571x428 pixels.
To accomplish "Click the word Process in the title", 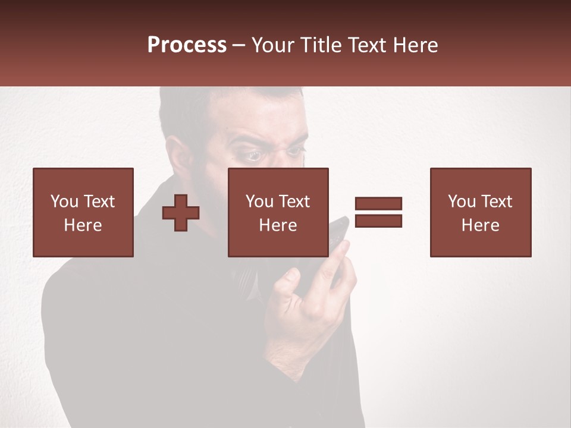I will click(x=187, y=45).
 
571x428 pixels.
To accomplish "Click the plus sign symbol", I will click(x=181, y=213).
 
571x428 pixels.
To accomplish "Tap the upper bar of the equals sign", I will click(x=378, y=204).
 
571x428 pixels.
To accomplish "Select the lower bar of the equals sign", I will click(x=378, y=221).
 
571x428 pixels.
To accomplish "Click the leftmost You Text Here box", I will click(x=83, y=212).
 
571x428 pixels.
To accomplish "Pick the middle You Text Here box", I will click(x=278, y=212).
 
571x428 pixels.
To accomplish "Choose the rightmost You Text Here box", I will click(x=480, y=212).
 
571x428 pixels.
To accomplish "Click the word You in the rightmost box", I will click(x=462, y=202).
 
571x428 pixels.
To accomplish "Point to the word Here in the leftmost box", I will click(x=83, y=225).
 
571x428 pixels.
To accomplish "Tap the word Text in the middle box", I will click(x=294, y=202).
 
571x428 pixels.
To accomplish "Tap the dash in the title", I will click(x=239, y=45).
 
